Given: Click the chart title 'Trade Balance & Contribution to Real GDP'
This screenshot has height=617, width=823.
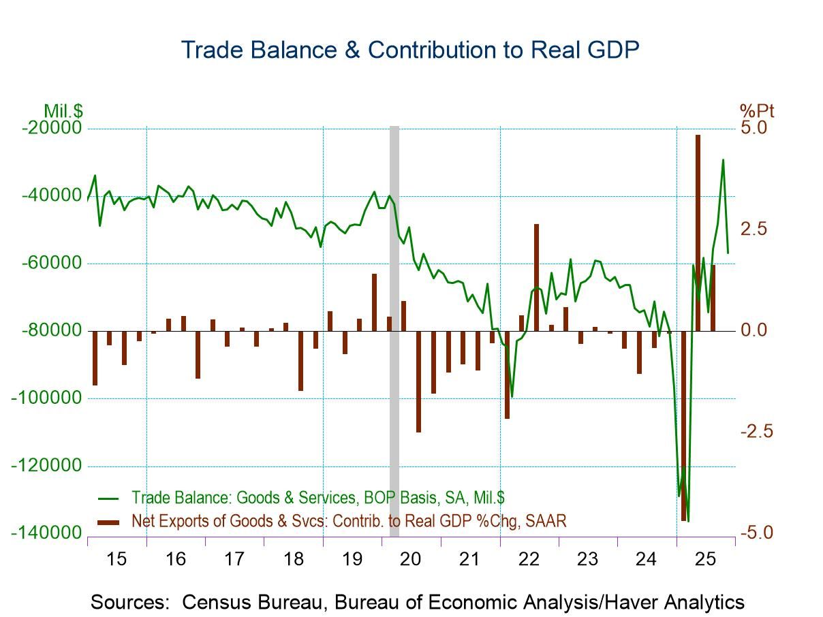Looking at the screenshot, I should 410,50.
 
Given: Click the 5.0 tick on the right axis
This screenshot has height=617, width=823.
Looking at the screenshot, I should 754,128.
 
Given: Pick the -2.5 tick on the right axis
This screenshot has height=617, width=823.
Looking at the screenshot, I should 757,431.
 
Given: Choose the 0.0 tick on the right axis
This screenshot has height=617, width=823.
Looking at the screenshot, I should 754,330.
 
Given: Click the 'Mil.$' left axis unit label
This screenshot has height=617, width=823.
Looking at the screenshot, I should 63,110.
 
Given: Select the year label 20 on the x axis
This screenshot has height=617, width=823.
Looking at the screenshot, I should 411,560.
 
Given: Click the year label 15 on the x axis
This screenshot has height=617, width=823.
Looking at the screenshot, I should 117,560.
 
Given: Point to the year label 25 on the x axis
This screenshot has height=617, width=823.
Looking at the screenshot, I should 705,560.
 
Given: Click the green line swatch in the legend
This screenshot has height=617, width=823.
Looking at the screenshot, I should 109,497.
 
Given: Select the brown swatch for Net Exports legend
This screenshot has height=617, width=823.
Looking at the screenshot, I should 109,521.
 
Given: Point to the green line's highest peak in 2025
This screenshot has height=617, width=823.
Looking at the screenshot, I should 723,160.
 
